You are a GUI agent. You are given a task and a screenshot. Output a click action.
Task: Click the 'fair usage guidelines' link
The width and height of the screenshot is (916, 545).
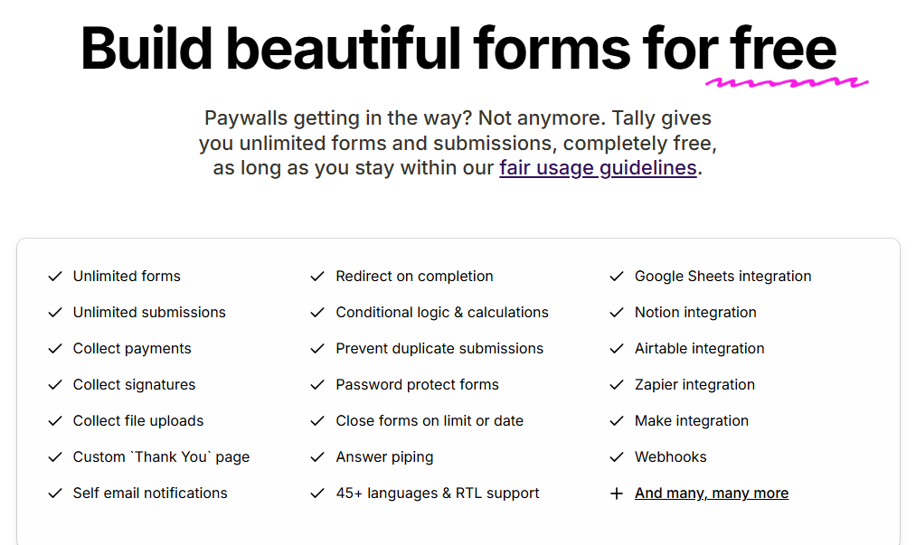(598, 168)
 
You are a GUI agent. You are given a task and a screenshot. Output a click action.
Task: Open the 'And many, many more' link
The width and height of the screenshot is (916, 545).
(712, 493)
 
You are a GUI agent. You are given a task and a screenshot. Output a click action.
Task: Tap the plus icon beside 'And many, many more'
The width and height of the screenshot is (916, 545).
(617, 493)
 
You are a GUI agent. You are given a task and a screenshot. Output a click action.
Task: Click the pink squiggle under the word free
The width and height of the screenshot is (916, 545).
(787, 82)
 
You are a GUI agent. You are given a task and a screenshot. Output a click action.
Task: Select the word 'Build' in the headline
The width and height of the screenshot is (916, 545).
(146, 48)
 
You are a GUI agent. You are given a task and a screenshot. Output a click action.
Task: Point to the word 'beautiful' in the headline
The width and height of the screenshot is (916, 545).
(344, 48)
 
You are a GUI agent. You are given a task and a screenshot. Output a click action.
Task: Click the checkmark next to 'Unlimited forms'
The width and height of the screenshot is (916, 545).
(55, 277)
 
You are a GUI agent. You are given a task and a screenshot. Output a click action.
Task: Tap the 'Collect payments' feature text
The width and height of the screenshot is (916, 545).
(132, 349)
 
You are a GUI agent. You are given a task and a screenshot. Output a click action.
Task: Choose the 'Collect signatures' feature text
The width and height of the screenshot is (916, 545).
(135, 384)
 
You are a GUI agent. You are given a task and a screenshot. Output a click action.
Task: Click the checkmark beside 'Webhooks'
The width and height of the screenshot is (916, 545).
(617, 457)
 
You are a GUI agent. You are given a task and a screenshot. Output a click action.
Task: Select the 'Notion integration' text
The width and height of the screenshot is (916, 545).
(695, 313)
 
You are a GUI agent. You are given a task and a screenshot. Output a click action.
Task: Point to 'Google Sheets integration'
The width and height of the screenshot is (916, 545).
(723, 277)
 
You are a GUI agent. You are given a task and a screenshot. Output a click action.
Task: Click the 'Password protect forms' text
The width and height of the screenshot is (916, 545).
(417, 384)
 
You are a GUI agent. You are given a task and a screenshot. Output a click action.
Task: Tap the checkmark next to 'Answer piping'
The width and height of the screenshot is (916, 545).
(317, 457)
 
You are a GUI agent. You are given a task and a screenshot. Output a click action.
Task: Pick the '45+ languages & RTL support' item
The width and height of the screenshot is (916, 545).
(438, 493)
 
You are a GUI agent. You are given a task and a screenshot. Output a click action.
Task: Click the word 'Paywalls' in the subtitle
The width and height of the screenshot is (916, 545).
(246, 118)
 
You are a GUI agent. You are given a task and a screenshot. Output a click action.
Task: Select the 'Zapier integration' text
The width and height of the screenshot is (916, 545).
(695, 384)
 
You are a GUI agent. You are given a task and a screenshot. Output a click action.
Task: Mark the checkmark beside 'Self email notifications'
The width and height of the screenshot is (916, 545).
(55, 493)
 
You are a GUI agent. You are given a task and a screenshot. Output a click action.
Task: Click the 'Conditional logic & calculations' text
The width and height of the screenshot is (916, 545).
(442, 313)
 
